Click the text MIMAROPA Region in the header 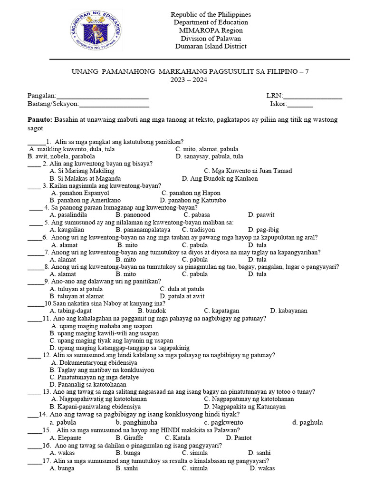click(x=211, y=30)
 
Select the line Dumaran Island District click(x=211, y=46)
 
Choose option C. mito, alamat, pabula click(x=207, y=149)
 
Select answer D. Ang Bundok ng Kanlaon click(x=220, y=178)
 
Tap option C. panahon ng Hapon click(x=191, y=193)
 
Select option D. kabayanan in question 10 click(x=288, y=311)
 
